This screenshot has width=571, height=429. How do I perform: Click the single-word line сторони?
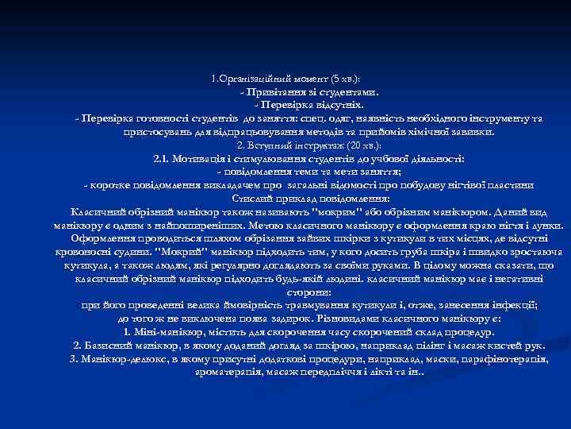pos(285,292)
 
